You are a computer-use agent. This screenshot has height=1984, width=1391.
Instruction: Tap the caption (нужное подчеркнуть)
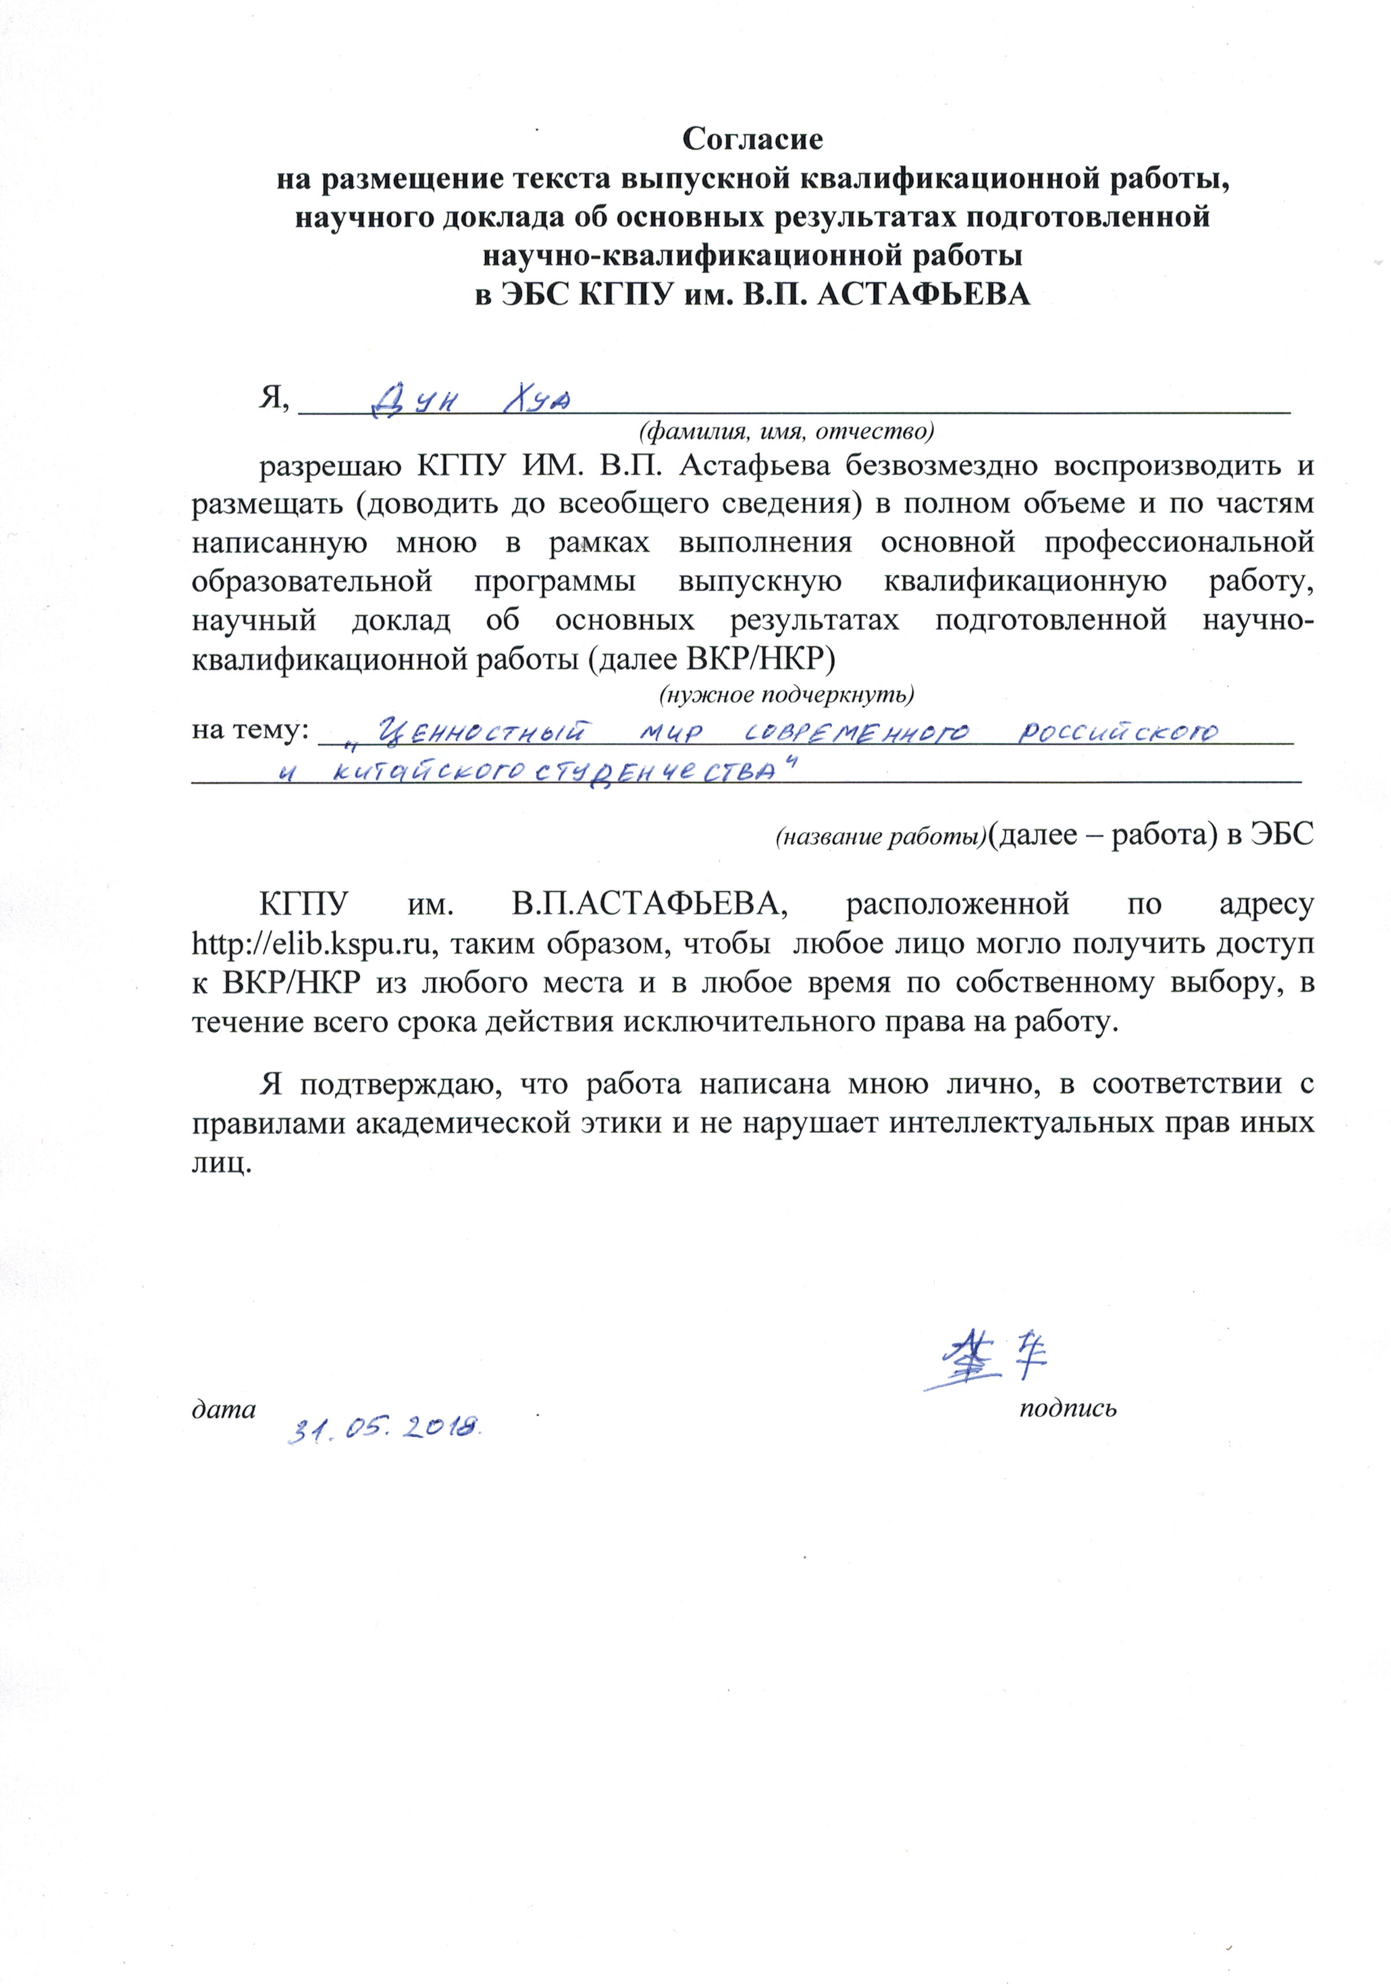coord(786,694)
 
